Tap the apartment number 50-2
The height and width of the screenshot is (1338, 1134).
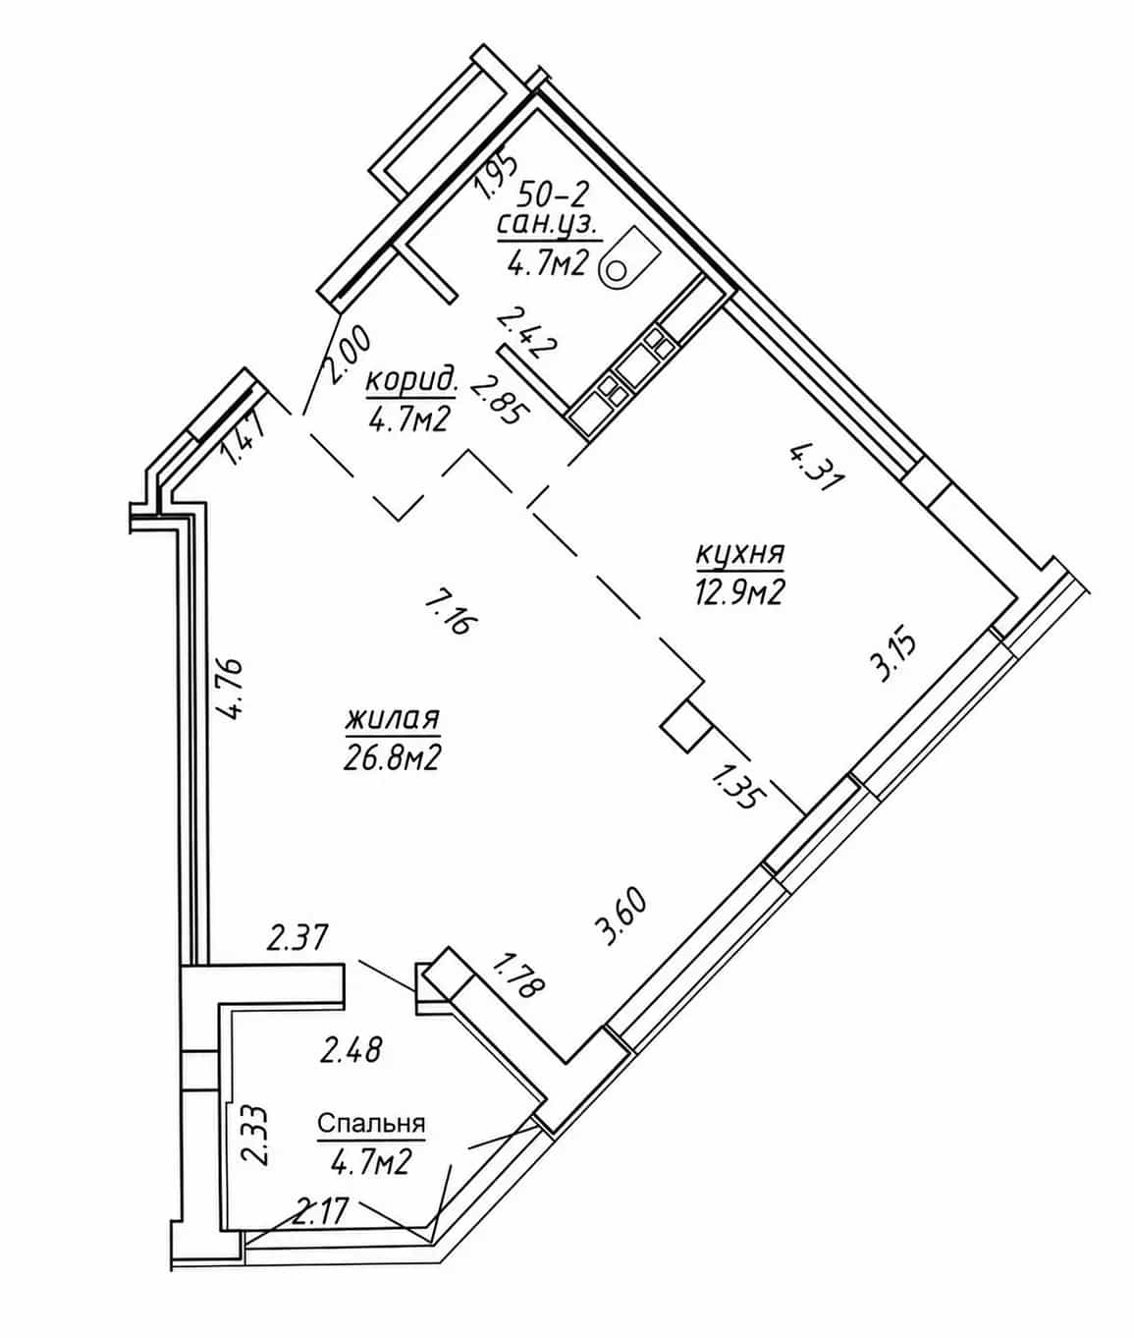[x=554, y=195]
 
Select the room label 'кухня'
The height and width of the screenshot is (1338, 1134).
[x=740, y=553]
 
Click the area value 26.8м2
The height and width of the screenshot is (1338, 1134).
[x=392, y=756]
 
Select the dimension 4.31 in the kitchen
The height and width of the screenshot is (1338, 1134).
[x=815, y=468]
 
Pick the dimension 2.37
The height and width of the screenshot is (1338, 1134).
[x=298, y=937]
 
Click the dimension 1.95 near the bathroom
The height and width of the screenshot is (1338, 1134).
[x=497, y=176]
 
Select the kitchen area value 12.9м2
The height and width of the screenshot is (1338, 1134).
[x=740, y=591]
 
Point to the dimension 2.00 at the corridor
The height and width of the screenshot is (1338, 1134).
[x=348, y=354]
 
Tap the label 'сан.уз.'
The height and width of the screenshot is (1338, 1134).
[x=548, y=226]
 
